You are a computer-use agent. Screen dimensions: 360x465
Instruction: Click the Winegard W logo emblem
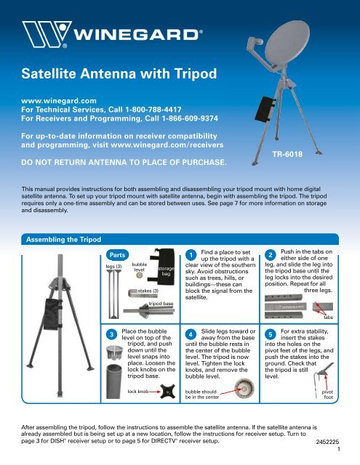(x=47, y=34)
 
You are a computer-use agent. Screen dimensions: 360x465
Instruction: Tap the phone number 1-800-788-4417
(x=153, y=110)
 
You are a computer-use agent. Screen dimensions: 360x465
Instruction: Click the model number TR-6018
(x=287, y=154)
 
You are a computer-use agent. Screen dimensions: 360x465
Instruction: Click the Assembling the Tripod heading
(x=63, y=239)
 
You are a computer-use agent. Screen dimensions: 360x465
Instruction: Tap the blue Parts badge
(x=118, y=255)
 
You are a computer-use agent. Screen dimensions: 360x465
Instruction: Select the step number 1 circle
(x=191, y=255)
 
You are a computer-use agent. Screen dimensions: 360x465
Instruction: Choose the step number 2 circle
(x=271, y=255)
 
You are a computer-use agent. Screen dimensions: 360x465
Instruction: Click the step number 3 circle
(x=111, y=335)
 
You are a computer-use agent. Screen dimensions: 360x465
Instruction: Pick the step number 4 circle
(x=191, y=335)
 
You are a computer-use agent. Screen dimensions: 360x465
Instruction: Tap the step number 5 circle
(x=271, y=335)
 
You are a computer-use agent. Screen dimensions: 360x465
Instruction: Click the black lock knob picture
(x=167, y=391)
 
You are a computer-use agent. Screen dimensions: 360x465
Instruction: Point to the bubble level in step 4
(x=244, y=389)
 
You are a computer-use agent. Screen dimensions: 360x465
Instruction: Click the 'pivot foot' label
(x=328, y=395)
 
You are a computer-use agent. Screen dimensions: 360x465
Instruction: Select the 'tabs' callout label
(x=328, y=317)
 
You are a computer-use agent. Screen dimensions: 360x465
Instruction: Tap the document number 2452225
(x=327, y=442)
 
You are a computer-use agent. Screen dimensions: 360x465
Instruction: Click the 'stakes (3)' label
(x=148, y=291)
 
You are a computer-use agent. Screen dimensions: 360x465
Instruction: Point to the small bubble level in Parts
(x=139, y=275)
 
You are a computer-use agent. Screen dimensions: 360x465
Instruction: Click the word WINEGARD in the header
(x=137, y=34)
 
